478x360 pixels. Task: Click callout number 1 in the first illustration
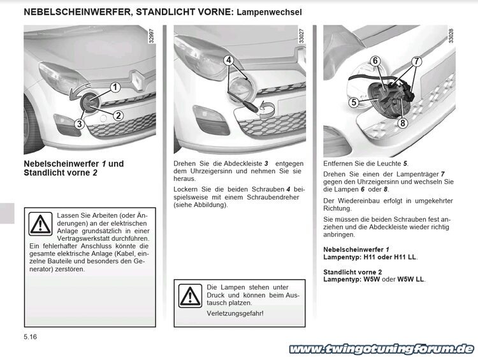point(115,87)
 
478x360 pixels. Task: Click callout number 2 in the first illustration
point(119,115)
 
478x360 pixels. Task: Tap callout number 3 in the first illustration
point(79,124)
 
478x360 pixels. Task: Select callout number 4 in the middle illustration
point(228,61)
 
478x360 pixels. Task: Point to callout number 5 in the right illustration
point(352,102)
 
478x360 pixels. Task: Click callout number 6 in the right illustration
point(375,61)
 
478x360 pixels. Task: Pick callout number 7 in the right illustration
point(417,62)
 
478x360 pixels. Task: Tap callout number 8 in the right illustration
point(403,123)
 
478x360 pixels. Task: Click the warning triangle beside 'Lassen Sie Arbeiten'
point(41,223)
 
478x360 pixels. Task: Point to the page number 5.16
point(31,336)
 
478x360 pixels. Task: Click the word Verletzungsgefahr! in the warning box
point(235,313)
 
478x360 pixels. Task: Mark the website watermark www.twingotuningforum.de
point(381,349)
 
